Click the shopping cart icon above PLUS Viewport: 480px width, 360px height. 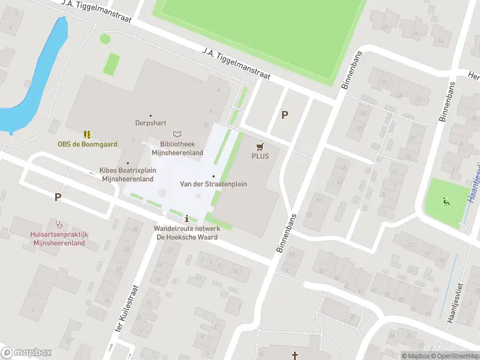tap(260, 146)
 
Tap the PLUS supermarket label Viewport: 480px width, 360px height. tap(260, 156)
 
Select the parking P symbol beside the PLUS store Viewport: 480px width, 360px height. tap(285, 115)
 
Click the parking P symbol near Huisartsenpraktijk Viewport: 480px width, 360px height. tap(58, 196)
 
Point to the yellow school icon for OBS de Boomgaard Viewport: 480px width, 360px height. tap(88, 134)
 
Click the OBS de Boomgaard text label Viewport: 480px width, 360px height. tap(88, 144)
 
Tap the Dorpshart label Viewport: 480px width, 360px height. tap(150, 123)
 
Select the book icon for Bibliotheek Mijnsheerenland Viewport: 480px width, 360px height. tap(176, 134)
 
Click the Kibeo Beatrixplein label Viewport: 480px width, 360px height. tap(128, 170)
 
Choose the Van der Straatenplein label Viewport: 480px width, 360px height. tap(213, 184)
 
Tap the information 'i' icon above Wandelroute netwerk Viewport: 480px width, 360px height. tap(188, 218)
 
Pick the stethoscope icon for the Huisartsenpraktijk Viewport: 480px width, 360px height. tap(59, 224)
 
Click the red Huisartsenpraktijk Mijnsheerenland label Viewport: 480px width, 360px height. tap(59, 239)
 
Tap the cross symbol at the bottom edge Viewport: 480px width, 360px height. tap(295, 356)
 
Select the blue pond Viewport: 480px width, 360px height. tap(36, 78)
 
